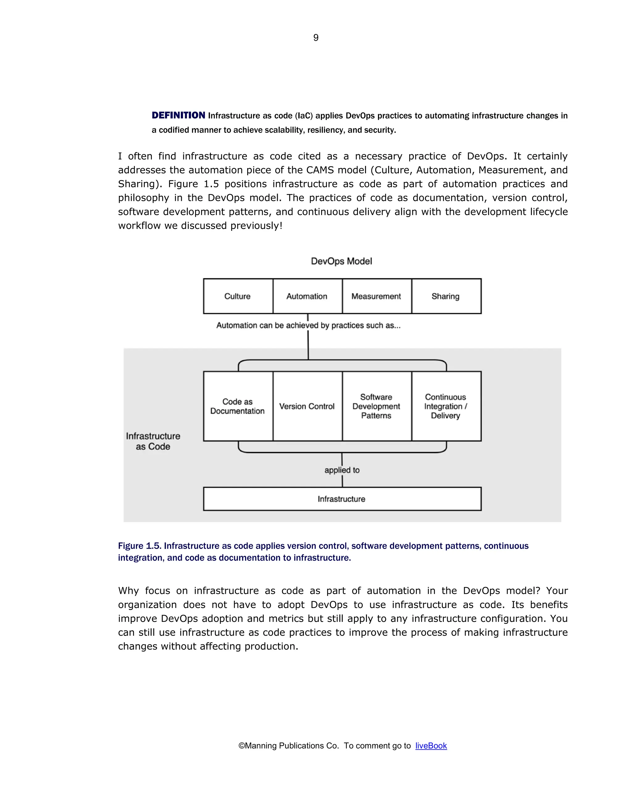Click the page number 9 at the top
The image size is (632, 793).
pos(316,37)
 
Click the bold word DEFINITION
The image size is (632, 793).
pos(179,115)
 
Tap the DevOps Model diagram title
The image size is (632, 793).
pos(341,261)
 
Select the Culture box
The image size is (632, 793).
pos(238,296)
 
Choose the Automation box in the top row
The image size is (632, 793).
pos(307,296)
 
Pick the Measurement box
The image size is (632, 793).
pos(376,296)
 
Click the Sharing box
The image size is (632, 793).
pos(446,296)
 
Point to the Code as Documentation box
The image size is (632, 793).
pos(238,406)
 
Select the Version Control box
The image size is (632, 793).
pos(307,406)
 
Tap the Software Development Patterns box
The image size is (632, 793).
pos(376,406)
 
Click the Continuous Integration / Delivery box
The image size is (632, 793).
pos(446,406)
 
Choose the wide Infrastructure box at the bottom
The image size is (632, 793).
pos(342,499)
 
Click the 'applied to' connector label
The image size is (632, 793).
pos(342,470)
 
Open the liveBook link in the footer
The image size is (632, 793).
pos(431,745)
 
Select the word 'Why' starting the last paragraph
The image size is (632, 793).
pos(128,591)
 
